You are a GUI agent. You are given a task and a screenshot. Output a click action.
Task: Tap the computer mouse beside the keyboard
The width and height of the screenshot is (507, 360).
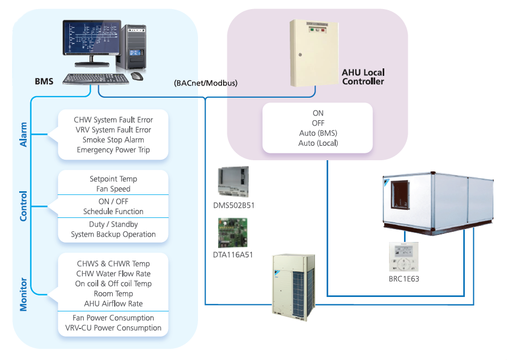137,76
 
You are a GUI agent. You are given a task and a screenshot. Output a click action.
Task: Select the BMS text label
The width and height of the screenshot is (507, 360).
44,82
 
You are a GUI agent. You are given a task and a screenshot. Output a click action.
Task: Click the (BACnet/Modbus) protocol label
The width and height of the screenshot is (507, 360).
205,83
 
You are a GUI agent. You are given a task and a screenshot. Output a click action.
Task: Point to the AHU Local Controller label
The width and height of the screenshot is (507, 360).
363,77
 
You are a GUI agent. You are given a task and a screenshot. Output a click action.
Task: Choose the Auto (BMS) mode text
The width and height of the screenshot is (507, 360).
318,133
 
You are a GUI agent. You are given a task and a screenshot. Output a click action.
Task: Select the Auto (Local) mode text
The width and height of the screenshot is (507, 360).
318,143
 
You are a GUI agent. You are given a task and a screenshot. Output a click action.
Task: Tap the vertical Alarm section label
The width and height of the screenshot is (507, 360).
23,135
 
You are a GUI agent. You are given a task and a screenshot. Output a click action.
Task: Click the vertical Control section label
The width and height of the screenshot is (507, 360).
23,206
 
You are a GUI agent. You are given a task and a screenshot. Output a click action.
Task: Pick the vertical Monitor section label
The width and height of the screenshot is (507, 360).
23,294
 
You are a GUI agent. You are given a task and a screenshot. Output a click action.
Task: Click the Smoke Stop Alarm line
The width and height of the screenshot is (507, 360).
113,140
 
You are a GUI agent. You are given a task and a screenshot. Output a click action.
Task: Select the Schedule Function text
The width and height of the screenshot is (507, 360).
113,212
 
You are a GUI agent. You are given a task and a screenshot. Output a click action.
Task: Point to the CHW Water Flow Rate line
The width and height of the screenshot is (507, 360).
113,274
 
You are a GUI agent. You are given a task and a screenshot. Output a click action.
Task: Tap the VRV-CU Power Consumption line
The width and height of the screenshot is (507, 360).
113,328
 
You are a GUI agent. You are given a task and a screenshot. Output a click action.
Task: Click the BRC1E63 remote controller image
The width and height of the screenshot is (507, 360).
403,258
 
